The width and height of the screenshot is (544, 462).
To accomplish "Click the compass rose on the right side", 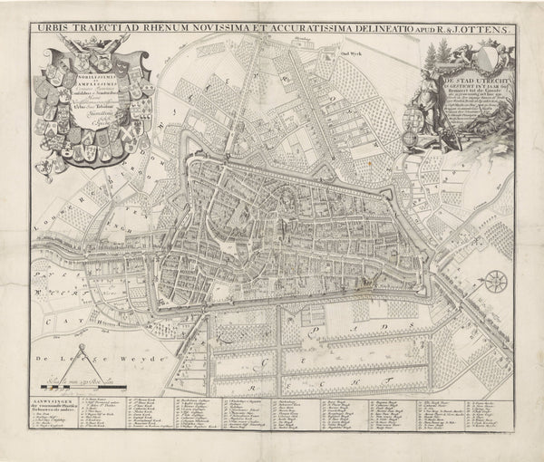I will pos(495,283).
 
